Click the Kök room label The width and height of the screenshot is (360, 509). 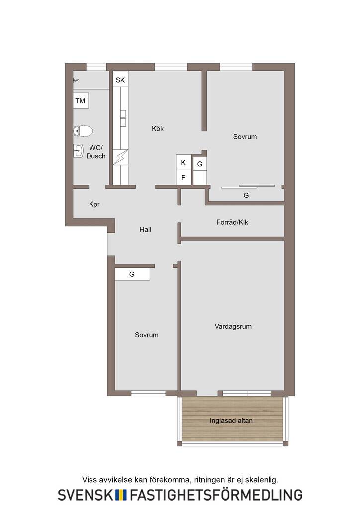click(x=158, y=129)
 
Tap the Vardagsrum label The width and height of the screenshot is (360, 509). click(x=233, y=326)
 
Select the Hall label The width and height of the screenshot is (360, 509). click(x=145, y=229)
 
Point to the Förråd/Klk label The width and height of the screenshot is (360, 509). click(x=232, y=222)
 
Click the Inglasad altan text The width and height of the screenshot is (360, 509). click(x=231, y=421)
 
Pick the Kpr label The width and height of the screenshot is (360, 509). click(x=94, y=204)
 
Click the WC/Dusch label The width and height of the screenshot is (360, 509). click(x=96, y=152)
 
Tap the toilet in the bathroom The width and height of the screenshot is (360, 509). click(x=83, y=131)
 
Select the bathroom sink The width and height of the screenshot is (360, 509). click(x=78, y=150)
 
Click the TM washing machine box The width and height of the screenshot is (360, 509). click(x=80, y=101)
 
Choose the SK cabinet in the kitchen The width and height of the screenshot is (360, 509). click(x=120, y=80)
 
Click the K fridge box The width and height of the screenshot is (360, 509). click(x=183, y=163)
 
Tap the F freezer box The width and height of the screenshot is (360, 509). click(x=183, y=177)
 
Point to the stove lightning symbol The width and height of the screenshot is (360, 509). click(x=120, y=157)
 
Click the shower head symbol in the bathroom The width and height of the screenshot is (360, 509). click(x=76, y=80)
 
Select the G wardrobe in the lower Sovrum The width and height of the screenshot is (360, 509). click(x=132, y=274)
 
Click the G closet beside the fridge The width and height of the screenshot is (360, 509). click(x=200, y=171)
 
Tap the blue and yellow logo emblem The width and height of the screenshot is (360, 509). click(x=121, y=495)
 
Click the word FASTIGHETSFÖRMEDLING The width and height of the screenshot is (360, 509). click(x=216, y=495)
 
